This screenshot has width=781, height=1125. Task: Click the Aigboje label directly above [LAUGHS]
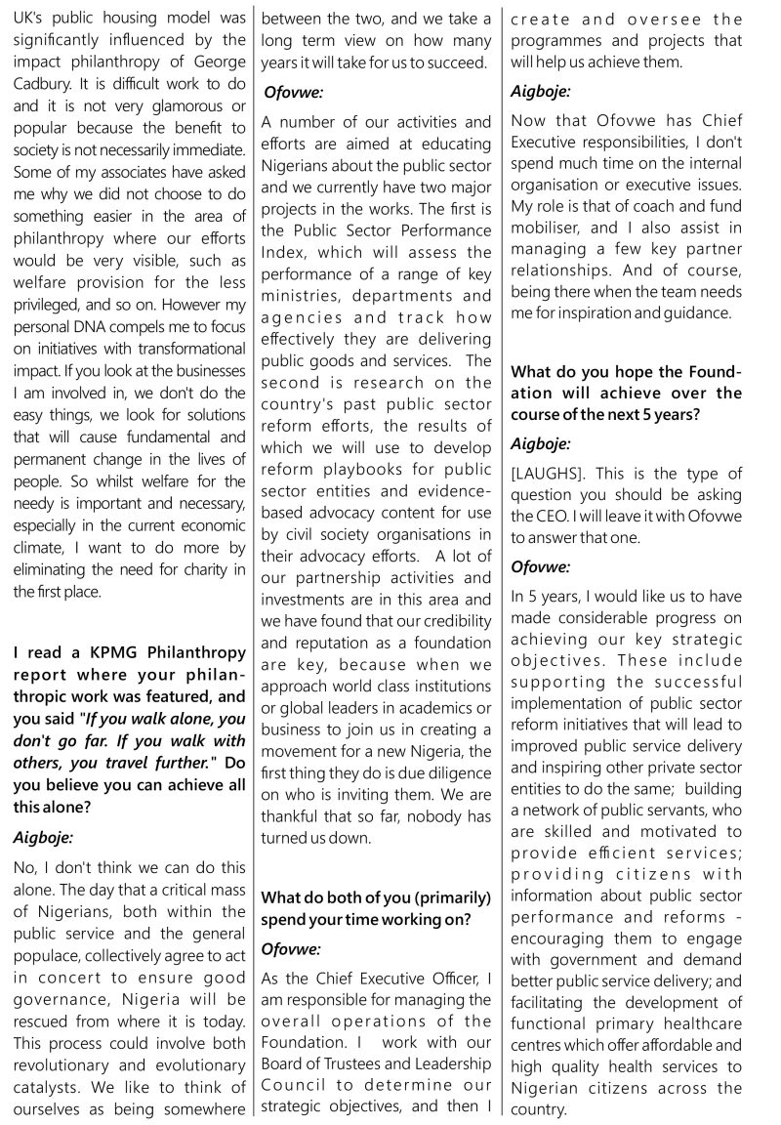point(541,443)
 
